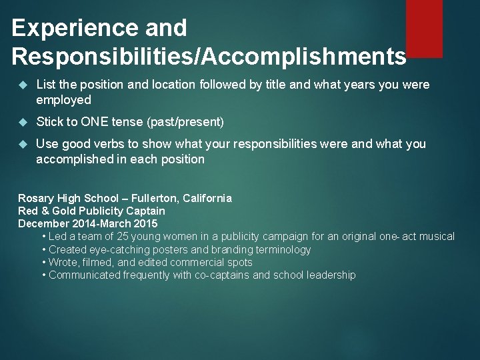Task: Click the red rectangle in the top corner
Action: pyautogui.click(x=424, y=28)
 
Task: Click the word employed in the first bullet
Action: pyautogui.click(x=63, y=99)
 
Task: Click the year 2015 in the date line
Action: pyautogui.click(x=145, y=223)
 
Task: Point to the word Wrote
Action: pyautogui.click(x=63, y=262)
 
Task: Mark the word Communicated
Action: pyautogui.click(x=85, y=275)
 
